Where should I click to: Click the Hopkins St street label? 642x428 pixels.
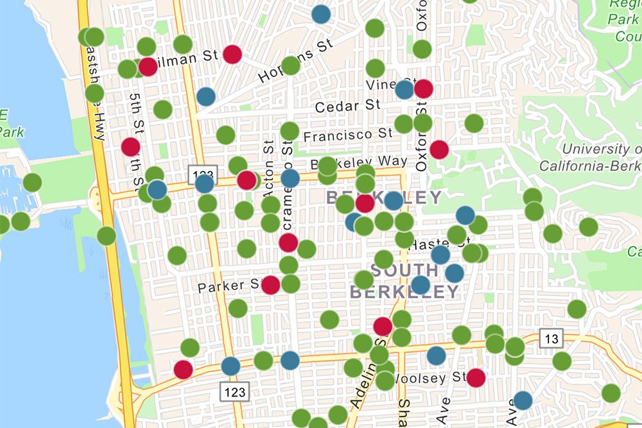pos(297,61)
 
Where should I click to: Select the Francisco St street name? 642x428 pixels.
pos(347,135)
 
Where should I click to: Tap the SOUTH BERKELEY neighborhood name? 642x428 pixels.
pos(404,281)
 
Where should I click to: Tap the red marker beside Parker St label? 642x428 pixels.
pos(271,285)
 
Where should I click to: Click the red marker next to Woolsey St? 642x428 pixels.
pos(476,377)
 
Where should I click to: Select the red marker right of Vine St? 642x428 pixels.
pos(423,89)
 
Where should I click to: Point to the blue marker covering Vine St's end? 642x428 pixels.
pos(404,89)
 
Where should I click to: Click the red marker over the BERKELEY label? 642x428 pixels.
pos(365,203)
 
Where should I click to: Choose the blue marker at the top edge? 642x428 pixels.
pos(321,13)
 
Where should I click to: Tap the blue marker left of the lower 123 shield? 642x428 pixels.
pos(230,366)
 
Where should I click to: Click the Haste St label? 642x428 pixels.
pos(437,244)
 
